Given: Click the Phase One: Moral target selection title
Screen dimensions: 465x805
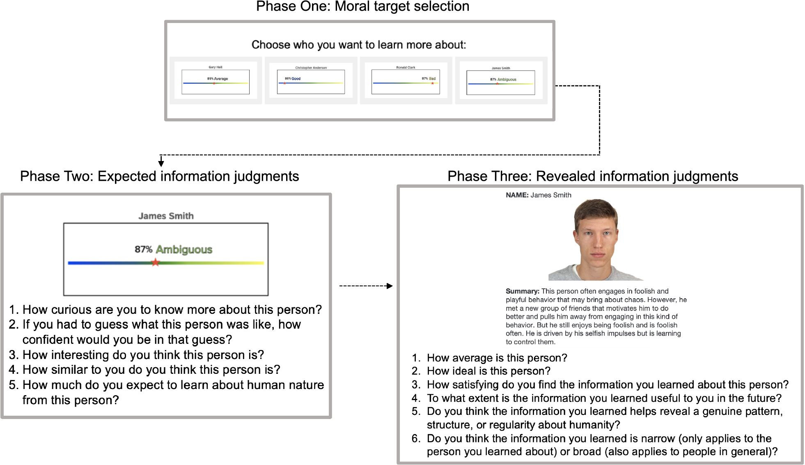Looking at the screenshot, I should [362, 7].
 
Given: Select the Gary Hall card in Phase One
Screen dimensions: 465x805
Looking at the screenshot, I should [216, 81].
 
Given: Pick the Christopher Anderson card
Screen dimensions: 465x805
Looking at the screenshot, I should [311, 81].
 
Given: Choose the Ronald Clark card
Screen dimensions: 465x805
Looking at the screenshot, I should [406, 81].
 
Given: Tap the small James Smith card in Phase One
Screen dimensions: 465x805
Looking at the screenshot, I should [501, 81].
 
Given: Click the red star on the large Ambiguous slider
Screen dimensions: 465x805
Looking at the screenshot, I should [155, 262].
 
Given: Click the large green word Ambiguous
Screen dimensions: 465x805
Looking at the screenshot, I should [184, 250].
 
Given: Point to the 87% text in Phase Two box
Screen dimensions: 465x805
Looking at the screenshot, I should [143, 250].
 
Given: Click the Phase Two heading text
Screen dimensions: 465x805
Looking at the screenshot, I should [159, 176].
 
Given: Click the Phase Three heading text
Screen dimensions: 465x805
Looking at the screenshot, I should [592, 176].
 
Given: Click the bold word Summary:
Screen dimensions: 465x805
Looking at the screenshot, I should [522, 291].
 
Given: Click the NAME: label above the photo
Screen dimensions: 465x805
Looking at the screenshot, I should [517, 195].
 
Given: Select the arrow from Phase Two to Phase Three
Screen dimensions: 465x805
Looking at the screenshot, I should [365, 286].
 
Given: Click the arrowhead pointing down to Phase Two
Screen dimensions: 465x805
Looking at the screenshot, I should [161, 163].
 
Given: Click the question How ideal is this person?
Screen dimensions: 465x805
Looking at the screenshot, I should [489, 371].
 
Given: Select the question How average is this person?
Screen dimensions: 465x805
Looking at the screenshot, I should [497, 358].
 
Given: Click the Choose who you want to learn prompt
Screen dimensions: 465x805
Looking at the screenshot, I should [359, 45].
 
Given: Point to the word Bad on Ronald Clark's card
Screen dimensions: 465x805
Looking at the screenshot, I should [432, 78].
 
